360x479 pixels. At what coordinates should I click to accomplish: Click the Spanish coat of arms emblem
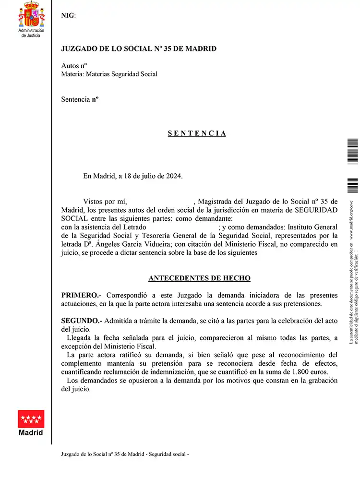[x=31, y=15]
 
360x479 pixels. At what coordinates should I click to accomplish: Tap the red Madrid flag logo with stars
[x=31, y=419]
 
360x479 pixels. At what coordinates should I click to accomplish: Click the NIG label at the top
[x=68, y=15]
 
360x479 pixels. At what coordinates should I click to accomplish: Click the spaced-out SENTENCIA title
[x=197, y=133]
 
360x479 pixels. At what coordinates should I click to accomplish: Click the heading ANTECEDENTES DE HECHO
[x=199, y=278]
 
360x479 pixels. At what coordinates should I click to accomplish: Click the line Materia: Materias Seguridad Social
[x=109, y=74]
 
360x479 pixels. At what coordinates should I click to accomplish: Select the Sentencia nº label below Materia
[x=80, y=99]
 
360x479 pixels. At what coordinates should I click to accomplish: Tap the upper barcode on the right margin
[x=352, y=151]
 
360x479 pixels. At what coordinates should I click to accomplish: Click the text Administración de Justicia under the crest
[x=31, y=33]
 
